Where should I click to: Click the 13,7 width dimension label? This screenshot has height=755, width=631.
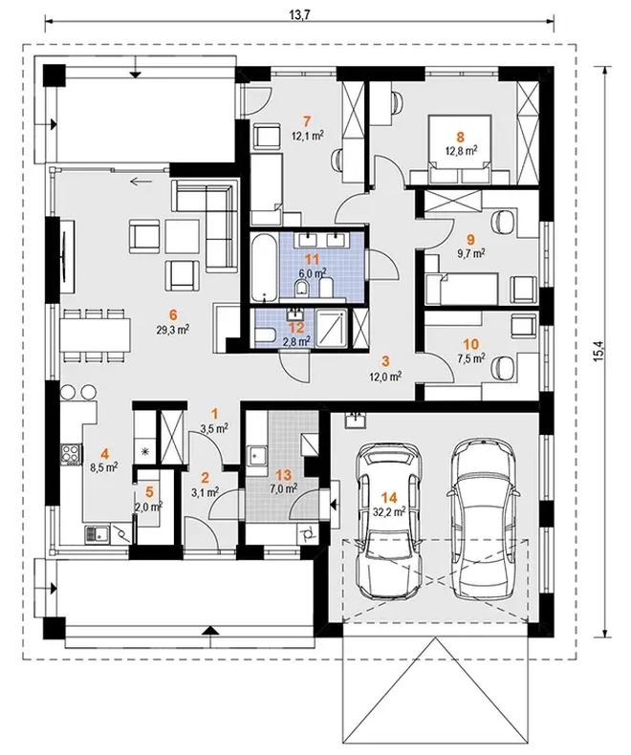coord(298,14)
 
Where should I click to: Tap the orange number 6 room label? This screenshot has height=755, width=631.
coord(173,314)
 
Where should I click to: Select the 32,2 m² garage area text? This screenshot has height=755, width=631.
coord(389,511)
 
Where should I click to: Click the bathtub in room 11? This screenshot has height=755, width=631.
coord(264,266)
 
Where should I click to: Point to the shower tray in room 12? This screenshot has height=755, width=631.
coord(332,328)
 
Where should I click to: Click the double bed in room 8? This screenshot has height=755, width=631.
coord(460,149)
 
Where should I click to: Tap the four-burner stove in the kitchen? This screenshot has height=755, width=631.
coord(72,454)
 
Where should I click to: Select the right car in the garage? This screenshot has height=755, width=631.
coord(483,516)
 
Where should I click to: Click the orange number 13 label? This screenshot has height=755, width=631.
coord(283,475)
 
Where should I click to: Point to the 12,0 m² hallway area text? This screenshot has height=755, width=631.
coord(386,377)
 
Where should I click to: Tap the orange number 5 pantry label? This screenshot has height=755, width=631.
coord(149,491)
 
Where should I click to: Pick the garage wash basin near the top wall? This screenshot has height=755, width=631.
coord(356,420)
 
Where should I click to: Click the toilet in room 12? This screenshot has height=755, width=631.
coord(265,335)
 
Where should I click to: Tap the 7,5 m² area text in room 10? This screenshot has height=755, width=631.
coord(470,357)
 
